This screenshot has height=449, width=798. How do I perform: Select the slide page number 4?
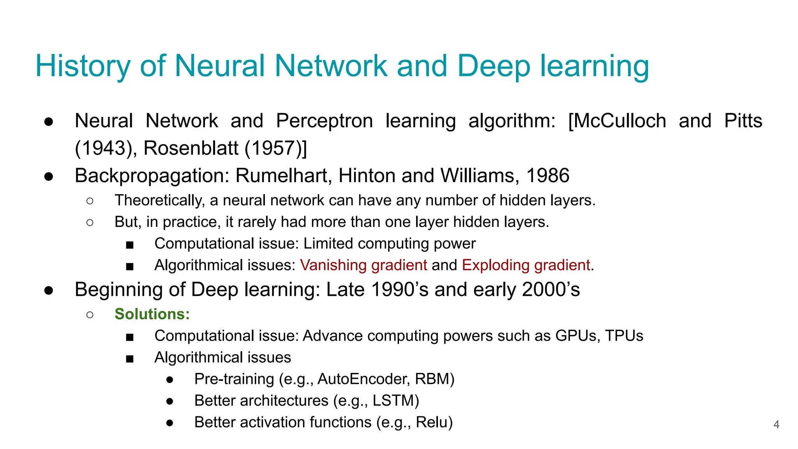coord(776,424)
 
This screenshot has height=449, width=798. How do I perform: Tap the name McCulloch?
coord(620,121)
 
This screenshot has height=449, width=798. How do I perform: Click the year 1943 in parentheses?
coord(104,148)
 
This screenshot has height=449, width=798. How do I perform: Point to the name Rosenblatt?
coord(191,148)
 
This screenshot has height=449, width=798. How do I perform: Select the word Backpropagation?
coord(152,176)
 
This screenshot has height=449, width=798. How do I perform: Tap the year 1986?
coord(548,176)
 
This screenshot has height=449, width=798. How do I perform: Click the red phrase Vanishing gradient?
coord(364,265)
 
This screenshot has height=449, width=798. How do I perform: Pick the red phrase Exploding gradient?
coord(526,265)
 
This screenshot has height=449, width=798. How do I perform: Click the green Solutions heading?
coord(152,314)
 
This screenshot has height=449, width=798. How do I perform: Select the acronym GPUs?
coord(577,336)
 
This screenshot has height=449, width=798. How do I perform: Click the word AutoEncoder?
coord(364,379)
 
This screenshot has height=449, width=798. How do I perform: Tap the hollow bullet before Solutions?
coord(90,315)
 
